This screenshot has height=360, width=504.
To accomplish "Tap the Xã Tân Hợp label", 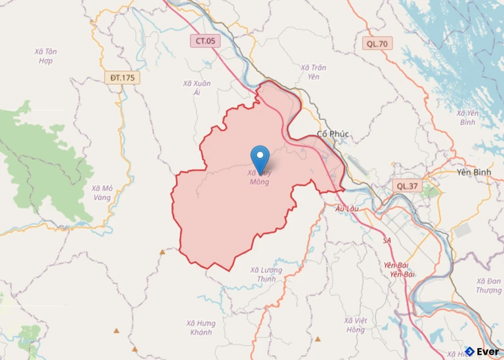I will click(45, 56).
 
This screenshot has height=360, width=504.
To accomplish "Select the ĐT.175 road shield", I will click(122, 78).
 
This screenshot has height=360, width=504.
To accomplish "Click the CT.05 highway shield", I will click(205, 41).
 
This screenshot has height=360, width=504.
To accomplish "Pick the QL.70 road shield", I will click(378, 44).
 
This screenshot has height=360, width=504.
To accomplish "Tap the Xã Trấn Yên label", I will click(314, 71).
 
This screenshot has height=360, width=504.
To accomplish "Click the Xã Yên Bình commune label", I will click(467, 118).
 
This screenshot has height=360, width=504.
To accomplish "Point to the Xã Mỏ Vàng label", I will click(102, 193).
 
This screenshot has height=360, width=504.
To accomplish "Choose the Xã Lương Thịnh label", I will click(266, 274).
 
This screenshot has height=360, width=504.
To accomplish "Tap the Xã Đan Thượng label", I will click(488, 285).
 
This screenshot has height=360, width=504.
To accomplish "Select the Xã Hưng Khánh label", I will click(200, 327).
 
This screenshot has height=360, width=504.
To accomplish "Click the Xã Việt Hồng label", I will click(354, 325).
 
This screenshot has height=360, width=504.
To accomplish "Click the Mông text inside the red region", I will click(260, 182).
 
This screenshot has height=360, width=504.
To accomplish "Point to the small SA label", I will click(387, 241).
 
